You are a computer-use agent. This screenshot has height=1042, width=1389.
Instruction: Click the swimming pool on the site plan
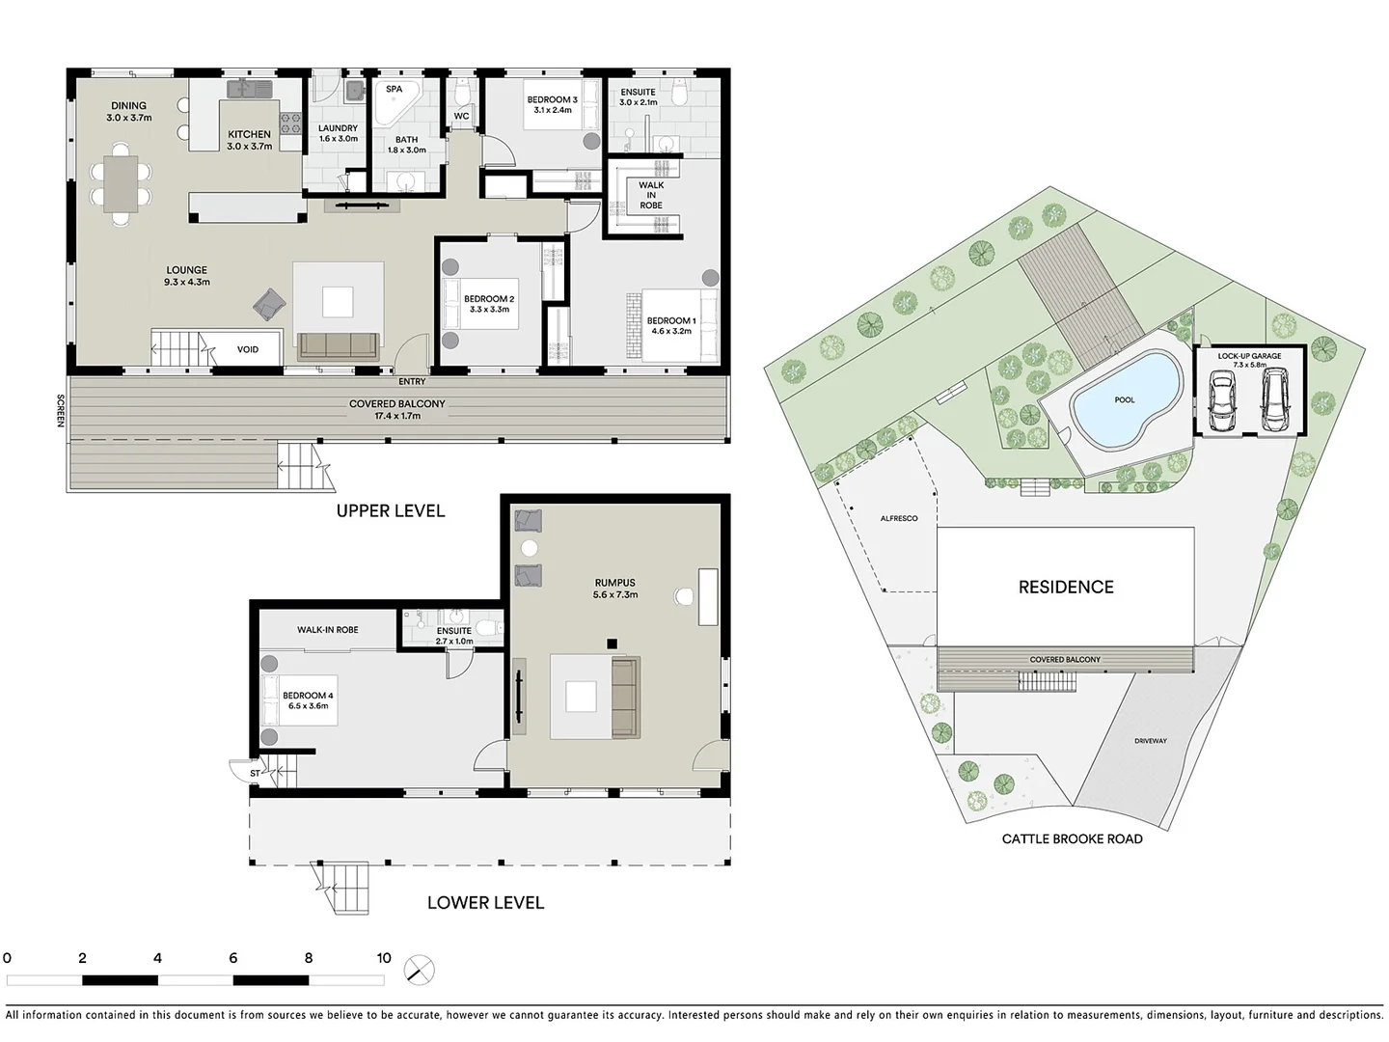(1126, 400)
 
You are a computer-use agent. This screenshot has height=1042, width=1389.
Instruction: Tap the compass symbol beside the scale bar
(420, 970)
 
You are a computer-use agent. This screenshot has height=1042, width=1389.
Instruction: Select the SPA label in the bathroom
(394, 89)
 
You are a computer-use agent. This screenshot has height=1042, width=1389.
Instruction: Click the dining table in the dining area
(121, 183)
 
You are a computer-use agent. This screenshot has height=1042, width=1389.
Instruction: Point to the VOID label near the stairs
(248, 349)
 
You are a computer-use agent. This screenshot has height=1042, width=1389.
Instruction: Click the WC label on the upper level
(461, 116)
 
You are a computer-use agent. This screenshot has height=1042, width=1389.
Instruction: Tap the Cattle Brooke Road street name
(1072, 838)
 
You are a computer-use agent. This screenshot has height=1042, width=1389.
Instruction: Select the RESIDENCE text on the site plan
(1066, 587)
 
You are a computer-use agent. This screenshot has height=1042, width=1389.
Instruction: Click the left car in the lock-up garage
(1223, 402)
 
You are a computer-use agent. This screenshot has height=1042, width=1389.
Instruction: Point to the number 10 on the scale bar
(384, 958)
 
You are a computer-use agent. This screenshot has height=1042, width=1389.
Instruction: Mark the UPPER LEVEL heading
(391, 510)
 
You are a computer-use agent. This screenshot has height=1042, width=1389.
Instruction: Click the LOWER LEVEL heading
(485, 902)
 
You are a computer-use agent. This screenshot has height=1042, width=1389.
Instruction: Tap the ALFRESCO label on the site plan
(899, 518)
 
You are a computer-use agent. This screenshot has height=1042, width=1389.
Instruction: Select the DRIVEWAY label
(1150, 741)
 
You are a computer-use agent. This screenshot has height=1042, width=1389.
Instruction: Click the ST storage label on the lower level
(255, 773)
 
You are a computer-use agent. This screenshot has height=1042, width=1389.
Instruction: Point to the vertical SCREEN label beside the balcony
(60, 411)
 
